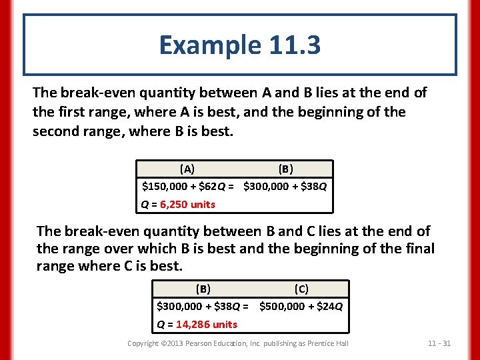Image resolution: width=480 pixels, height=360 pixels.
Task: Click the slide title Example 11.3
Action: (239, 45)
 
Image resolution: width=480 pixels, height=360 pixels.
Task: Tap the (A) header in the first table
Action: (187, 169)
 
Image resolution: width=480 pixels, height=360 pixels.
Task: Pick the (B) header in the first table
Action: (285, 169)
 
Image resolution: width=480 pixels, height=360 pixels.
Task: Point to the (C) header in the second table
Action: (301, 289)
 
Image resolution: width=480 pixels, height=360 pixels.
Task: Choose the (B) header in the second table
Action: (203, 289)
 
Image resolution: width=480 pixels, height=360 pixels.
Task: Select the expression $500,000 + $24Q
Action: (301, 307)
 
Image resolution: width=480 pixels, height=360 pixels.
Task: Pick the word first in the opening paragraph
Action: (74, 112)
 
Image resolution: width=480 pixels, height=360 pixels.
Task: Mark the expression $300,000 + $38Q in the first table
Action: (285, 187)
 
